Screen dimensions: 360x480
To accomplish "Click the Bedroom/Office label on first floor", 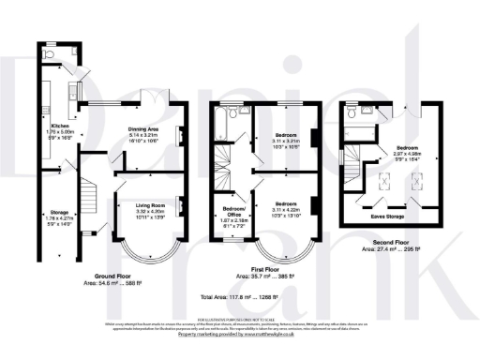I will pyautogui.click(x=233, y=207).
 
